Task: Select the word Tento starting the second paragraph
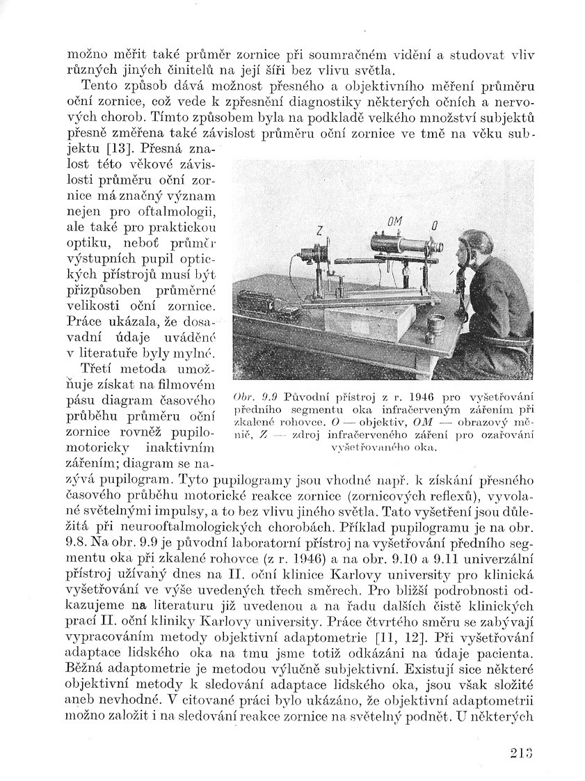(x=100, y=86)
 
